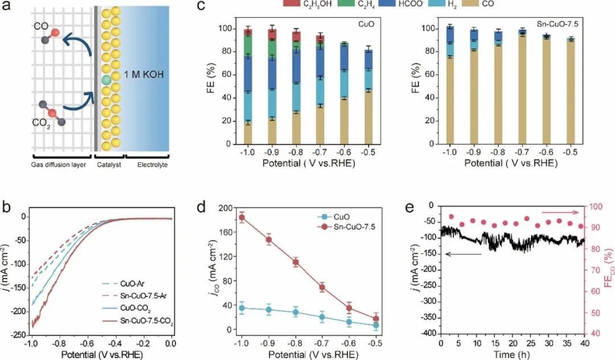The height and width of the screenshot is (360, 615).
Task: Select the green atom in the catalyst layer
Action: pos(106,80)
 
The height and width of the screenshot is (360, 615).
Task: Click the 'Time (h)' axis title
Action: pos(512,355)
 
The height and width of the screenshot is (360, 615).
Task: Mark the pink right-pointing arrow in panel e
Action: pos(564,212)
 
